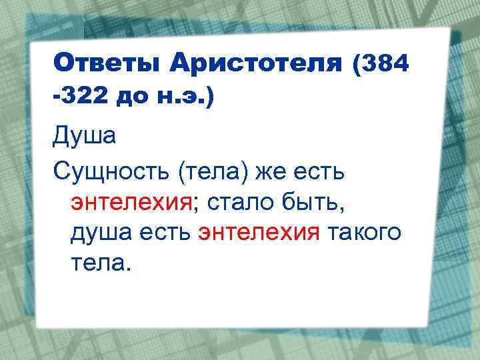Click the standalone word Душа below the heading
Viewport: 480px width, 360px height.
pos(85,137)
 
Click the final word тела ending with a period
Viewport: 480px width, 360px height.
pos(97,264)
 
